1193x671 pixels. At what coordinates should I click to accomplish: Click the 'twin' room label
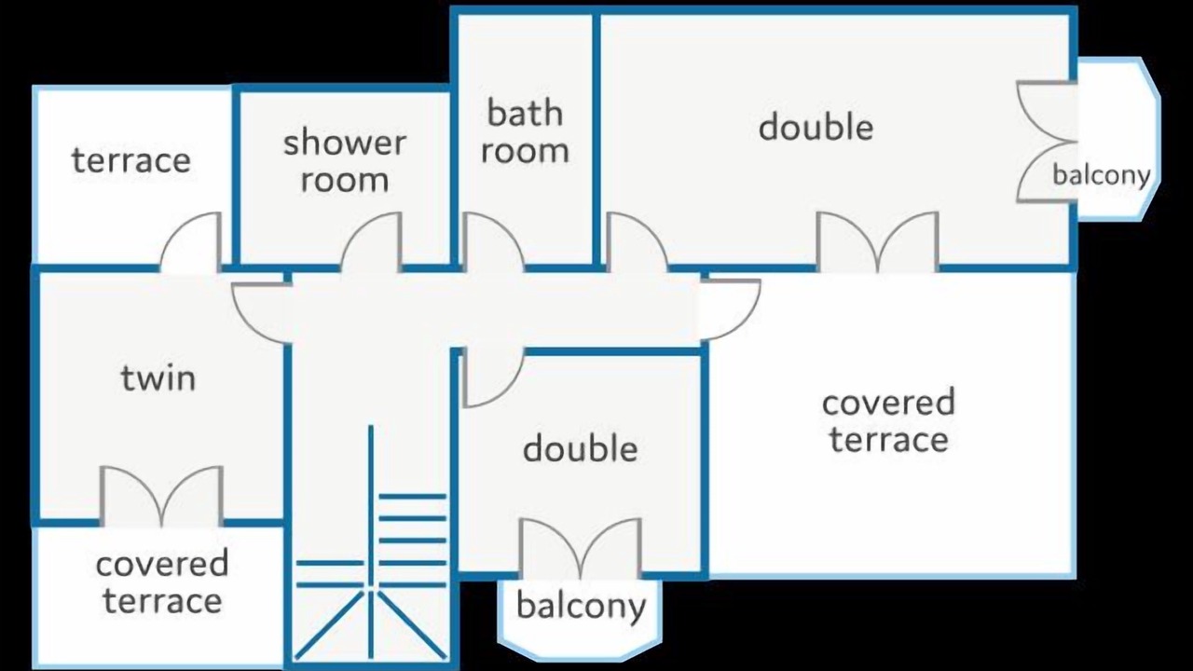[158, 377]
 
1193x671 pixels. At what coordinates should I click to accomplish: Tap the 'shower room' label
[345, 161]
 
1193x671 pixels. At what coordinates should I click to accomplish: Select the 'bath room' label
[525, 131]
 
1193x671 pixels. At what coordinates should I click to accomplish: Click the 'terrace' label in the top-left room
[131, 159]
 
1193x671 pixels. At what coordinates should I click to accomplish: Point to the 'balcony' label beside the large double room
[1102, 174]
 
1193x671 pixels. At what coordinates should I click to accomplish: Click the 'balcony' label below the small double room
[581, 606]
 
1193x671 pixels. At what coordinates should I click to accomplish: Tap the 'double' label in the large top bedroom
[816, 127]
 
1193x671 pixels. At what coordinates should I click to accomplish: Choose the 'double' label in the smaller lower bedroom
[581, 448]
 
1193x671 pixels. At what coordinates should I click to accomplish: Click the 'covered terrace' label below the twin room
[162, 582]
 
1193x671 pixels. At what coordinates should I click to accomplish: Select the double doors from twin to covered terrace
[161, 497]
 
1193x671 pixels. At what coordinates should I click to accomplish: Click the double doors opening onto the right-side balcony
[1047, 142]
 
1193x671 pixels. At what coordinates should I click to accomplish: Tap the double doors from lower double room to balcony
[581, 549]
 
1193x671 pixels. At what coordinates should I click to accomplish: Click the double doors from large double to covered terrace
[878, 242]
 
